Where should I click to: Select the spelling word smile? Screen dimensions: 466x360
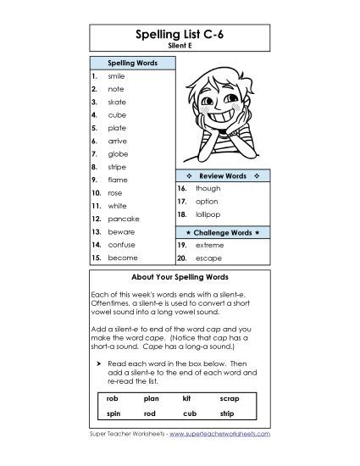point(116,75)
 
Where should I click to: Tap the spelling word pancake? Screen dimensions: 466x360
point(123,219)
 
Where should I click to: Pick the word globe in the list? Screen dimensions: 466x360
point(118,153)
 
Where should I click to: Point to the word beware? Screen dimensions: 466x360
point(122,231)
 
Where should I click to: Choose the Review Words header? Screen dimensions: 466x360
point(222,175)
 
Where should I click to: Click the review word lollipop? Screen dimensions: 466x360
point(207,215)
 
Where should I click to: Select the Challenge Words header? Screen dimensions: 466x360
point(222,231)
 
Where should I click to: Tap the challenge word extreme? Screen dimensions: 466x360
point(208,244)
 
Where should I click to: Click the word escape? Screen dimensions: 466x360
point(207,257)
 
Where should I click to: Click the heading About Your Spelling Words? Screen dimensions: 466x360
point(180,277)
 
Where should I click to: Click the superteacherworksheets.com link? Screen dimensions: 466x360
point(219,433)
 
